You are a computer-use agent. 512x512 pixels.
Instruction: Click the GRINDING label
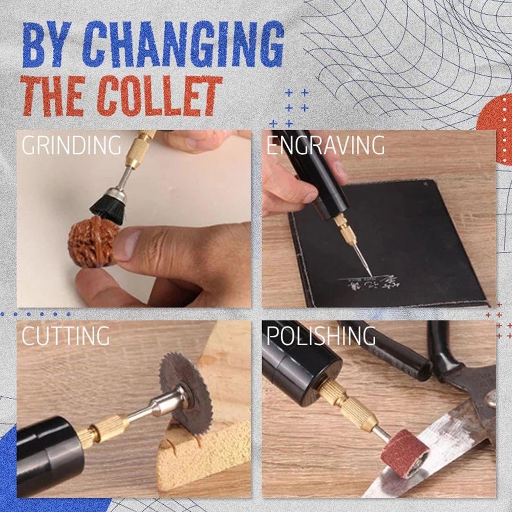tap(71, 145)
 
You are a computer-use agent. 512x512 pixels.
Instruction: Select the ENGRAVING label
tap(325, 145)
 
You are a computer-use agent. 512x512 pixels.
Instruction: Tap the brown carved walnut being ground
tap(92, 241)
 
